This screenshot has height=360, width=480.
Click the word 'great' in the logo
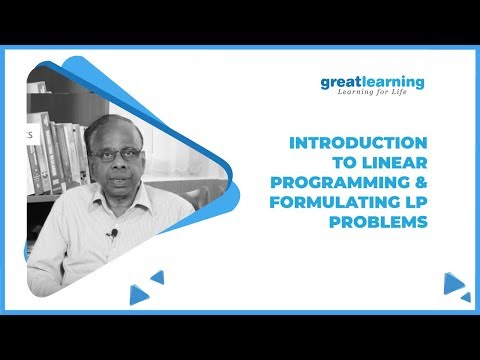[x=341, y=82]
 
